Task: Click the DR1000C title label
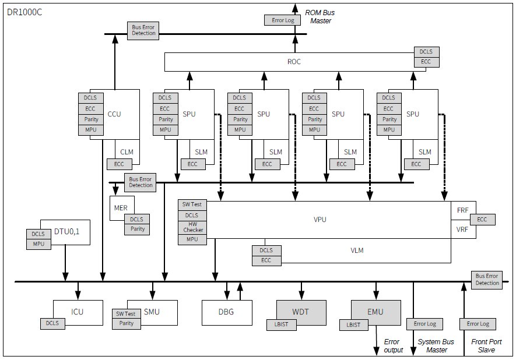click(x=24, y=12)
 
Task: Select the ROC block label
click(x=294, y=62)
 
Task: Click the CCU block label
click(x=114, y=114)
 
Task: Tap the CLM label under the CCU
click(x=127, y=152)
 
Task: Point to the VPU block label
click(x=320, y=219)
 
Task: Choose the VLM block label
click(x=357, y=250)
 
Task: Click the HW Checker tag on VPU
click(x=192, y=227)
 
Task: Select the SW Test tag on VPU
click(x=192, y=204)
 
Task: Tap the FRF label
click(x=462, y=210)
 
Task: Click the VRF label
click(x=462, y=230)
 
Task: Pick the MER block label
click(x=121, y=208)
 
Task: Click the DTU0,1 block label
click(x=67, y=231)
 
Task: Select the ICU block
click(x=78, y=313)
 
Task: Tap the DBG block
click(x=227, y=313)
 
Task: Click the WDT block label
click(x=300, y=312)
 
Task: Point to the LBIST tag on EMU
click(x=354, y=325)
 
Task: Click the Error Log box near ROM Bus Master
click(x=283, y=20)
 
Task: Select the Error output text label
click(x=393, y=346)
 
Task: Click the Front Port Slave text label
click(x=486, y=346)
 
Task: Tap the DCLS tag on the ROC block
click(x=426, y=52)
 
